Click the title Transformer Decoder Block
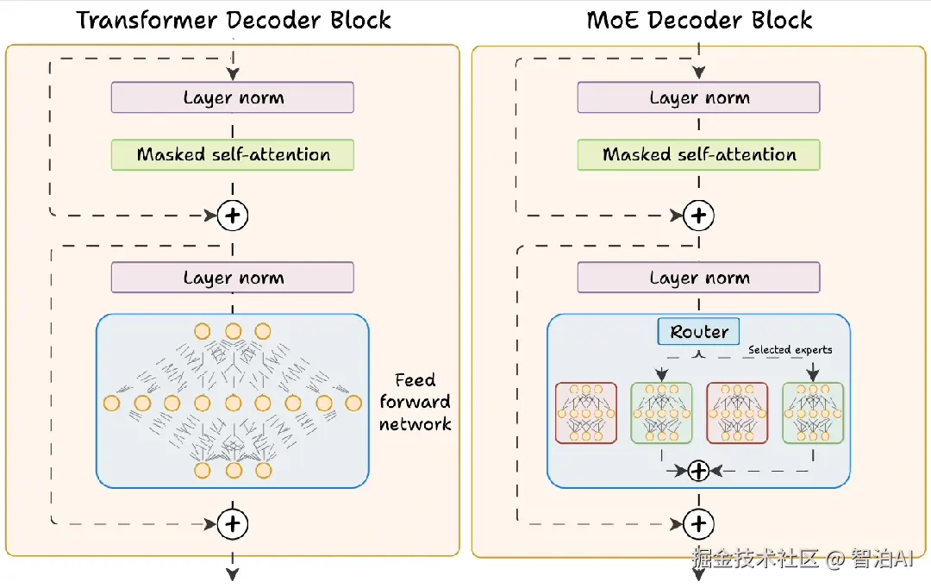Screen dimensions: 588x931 [234, 20]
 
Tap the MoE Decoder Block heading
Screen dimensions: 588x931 [699, 20]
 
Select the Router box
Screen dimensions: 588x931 [699, 332]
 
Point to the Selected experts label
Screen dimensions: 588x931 [790, 349]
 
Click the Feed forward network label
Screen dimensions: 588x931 [415, 402]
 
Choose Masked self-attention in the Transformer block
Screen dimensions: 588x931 [233, 155]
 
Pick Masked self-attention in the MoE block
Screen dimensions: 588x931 [699, 155]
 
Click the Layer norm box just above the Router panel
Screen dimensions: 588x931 [699, 278]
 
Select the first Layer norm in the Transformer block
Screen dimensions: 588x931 [233, 97]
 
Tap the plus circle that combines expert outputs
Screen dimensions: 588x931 [699, 471]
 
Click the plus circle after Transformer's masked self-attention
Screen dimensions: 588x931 [233, 216]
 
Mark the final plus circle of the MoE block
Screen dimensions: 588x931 [699, 523]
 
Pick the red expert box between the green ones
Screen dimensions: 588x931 [737, 413]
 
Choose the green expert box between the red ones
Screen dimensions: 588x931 [661, 413]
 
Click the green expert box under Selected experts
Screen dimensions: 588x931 [813, 413]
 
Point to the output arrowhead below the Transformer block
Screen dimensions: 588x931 [233, 575]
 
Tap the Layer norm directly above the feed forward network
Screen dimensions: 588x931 [233, 278]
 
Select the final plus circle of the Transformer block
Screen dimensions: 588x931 [233, 523]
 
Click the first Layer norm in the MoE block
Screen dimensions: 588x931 [699, 97]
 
